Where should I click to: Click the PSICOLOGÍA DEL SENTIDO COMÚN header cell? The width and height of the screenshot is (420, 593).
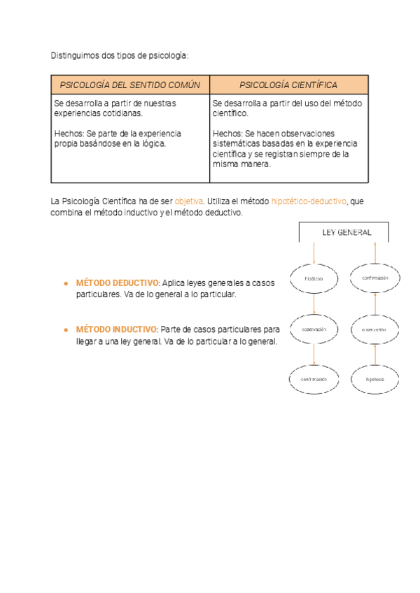pos(130,85)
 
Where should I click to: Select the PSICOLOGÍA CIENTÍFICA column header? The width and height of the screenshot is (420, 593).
pos(288,85)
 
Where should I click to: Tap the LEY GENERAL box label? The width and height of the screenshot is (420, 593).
pos(346,233)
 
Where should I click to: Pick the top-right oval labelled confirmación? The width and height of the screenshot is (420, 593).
pos(376,278)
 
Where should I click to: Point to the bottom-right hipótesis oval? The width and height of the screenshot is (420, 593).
pos(376,379)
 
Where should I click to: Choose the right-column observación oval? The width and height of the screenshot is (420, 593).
pos(376,329)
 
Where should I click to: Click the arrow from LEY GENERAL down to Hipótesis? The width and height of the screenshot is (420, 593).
pos(314,252)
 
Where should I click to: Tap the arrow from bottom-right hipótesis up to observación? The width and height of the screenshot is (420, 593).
pos(376,355)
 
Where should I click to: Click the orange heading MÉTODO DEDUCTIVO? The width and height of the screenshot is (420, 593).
pos(118,284)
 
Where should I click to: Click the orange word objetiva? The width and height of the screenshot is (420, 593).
pos(188,201)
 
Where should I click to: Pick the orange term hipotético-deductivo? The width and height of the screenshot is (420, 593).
pos(308,201)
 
